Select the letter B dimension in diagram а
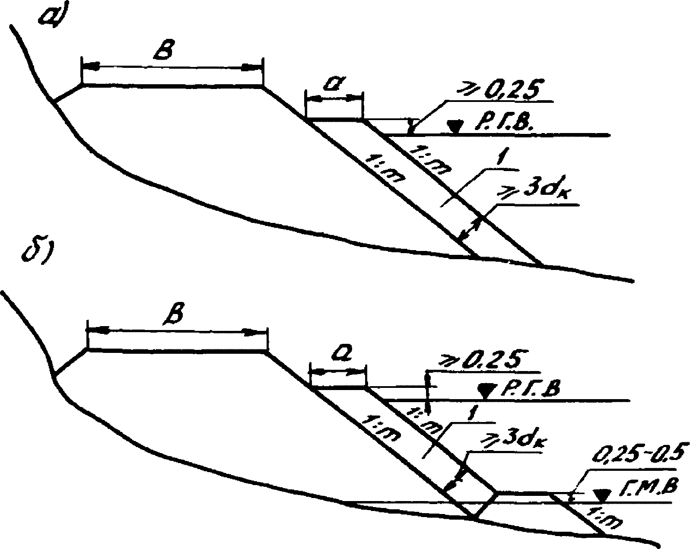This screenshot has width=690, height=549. click(166, 51)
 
